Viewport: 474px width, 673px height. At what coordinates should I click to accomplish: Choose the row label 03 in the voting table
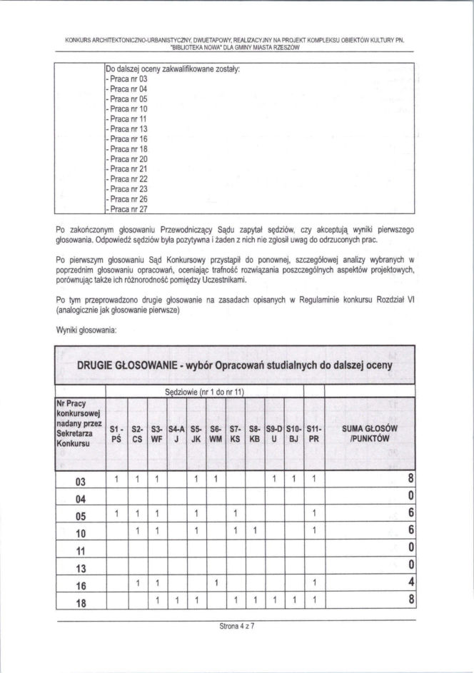tap(81, 480)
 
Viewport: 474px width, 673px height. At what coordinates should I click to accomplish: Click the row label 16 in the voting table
tap(81, 584)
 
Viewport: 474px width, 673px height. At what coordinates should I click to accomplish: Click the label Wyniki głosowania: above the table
tap(86, 330)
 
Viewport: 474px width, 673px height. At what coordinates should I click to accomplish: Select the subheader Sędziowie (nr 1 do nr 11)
tap(205, 392)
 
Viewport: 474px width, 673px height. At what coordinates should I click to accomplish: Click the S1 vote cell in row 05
tap(115, 514)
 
